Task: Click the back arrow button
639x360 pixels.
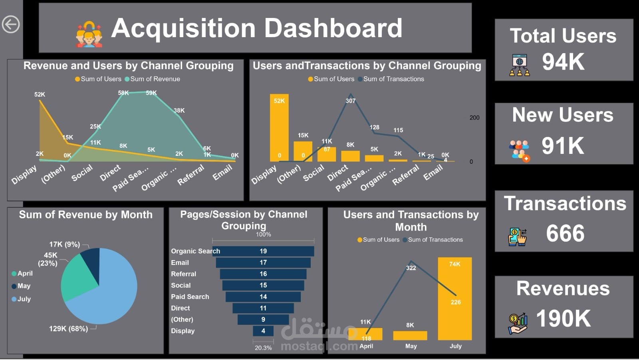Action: coord(11,24)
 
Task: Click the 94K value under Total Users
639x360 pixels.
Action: coord(563,62)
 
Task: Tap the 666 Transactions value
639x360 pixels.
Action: coord(565,233)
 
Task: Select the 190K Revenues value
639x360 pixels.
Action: coord(563,318)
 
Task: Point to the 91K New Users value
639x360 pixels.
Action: coord(563,146)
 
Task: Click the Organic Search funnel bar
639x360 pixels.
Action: coord(263,251)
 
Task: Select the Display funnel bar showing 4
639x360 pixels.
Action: coord(263,331)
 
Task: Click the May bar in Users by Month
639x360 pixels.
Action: coord(410,335)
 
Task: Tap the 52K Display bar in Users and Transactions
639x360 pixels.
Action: coord(279,128)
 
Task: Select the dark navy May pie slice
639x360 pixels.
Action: coord(91,259)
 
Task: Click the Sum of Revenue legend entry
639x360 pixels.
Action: coord(152,79)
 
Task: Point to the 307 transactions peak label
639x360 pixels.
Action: coord(350,101)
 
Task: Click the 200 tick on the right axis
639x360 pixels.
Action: coord(474,117)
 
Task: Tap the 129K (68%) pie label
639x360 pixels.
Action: coord(68,328)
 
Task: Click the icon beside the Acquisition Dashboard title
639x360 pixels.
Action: coord(89,34)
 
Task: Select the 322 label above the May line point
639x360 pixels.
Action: coord(411,268)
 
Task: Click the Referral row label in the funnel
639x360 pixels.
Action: coord(183,274)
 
